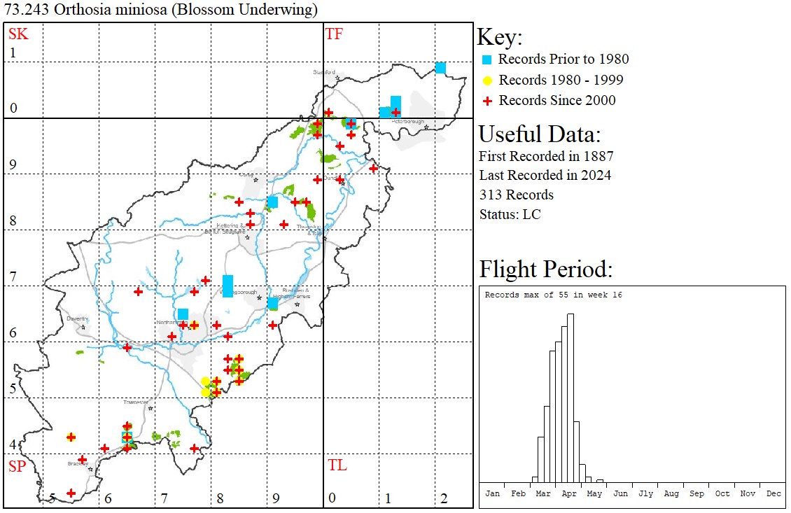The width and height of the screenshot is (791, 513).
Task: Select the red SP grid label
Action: pyautogui.click(x=17, y=466)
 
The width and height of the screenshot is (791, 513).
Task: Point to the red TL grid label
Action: pyautogui.click(x=337, y=465)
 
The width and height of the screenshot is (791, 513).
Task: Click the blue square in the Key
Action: pyautogui.click(x=488, y=59)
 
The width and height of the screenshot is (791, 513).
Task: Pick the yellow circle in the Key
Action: pyautogui.click(x=488, y=80)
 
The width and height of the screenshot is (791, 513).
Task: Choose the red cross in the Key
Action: pyautogui.click(x=488, y=101)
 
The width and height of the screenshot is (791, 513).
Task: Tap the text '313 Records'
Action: pyautogui.click(x=516, y=195)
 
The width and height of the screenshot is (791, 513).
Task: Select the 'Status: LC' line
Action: pyautogui.click(x=510, y=214)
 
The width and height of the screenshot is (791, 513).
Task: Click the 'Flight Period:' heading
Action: pyautogui.click(x=545, y=269)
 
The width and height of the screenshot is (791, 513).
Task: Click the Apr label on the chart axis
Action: pyautogui.click(x=569, y=493)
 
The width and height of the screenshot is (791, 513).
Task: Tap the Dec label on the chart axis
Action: pyautogui.click(x=773, y=493)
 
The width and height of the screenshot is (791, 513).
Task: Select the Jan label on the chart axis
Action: pyautogui.click(x=493, y=493)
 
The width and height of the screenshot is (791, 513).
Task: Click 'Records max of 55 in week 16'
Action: pyautogui.click(x=553, y=295)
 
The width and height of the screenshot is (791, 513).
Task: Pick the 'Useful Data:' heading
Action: pyautogui.click(x=540, y=134)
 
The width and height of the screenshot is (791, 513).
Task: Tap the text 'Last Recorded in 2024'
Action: pyautogui.click(x=545, y=175)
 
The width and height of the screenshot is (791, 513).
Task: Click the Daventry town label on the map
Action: pyautogui.click(x=76, y=318)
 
